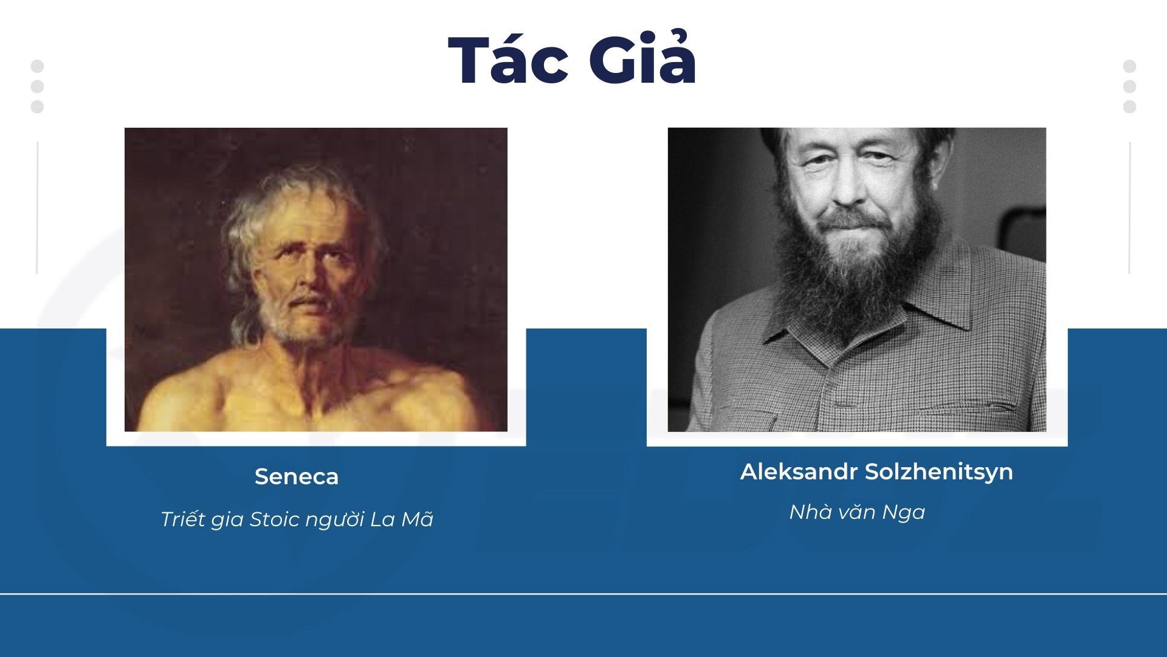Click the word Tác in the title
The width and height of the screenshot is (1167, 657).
click(508, 61)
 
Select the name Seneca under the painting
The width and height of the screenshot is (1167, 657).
click(297, 476)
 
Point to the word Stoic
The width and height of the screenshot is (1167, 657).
click(275, 519)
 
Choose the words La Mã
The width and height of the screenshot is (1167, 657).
click(402, 518)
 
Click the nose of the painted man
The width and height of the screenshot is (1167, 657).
click(308, 277)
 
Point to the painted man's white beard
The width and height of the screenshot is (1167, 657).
click(301, 319)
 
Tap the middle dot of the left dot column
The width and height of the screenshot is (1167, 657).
click(37, 86)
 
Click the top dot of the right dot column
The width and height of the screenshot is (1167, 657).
click(1129, 66)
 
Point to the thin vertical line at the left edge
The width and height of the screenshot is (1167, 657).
click(37, 208)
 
